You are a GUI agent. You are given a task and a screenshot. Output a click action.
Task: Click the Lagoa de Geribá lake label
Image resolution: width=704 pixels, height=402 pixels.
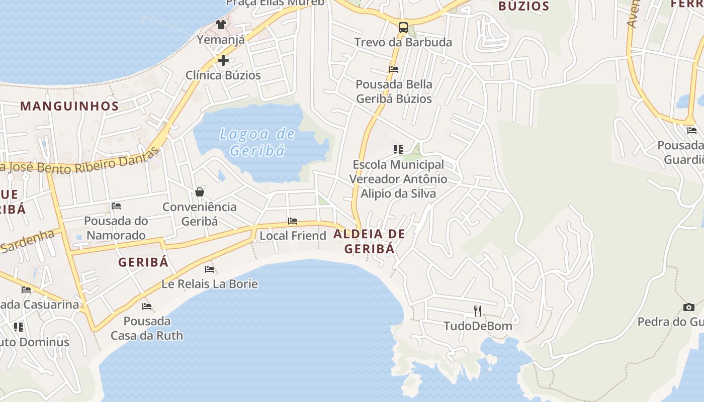pyautogui.click(x=257, y=142)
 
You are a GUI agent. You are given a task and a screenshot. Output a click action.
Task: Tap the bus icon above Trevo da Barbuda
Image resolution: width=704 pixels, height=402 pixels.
pyautogui.click(x=403, y=28)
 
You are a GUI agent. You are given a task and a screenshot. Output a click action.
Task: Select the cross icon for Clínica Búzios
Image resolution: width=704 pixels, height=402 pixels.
pyautogui.click(x=223, y=60)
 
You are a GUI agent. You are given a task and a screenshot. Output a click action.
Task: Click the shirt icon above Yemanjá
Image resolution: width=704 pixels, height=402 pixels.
pyautogui.click(x=220, y=24)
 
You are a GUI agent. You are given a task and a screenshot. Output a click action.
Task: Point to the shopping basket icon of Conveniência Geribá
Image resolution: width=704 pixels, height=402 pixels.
pyautogui.click(x=200, y=192)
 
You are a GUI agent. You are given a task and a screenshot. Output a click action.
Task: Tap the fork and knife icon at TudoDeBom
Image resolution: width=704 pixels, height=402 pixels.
pyautogui.click(x=477, y=311)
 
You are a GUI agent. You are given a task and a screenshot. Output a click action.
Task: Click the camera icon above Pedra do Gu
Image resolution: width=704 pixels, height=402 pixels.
pyautogui.click(x=688, y=307)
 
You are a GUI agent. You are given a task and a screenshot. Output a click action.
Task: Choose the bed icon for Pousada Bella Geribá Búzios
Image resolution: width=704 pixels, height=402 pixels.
pyautogui.click(x=394, y=69)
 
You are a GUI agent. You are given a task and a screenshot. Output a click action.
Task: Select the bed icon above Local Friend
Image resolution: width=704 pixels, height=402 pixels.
pyautogui.click(x=292, y=221)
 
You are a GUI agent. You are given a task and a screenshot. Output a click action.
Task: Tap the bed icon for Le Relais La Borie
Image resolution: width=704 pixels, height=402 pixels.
pyautogui.click(x=210, y=269)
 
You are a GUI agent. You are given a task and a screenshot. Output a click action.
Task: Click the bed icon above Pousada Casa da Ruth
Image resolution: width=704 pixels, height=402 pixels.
pyautogui.click(x=146, y=306)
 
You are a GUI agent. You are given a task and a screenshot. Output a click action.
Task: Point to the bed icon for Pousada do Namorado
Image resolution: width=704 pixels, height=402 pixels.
pyautogui.click(x=116, y=206)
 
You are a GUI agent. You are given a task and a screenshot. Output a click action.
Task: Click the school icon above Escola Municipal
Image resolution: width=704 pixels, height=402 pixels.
pyautogui.click(x=398, y=150)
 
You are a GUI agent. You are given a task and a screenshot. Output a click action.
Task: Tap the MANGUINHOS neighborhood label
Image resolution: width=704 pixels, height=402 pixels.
pyautogui.click(x=70, y=106)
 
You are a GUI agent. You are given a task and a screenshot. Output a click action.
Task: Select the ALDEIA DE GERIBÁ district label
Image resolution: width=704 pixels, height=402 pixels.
pyautogui.click(x=369, y=241)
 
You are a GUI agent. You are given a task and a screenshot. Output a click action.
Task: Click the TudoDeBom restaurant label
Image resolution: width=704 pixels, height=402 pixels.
pyautogui.click(x=478, y=326)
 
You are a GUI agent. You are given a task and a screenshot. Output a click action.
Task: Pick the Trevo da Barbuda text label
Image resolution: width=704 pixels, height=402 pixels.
pyautogui.click(x=403, y=42)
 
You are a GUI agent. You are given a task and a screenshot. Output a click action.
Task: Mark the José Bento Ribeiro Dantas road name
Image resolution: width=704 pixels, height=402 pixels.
pyautogui.click(x=80, y=164)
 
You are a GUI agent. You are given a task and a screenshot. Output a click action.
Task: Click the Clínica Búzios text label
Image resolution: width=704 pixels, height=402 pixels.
pyautogui.click(x=223, y=75)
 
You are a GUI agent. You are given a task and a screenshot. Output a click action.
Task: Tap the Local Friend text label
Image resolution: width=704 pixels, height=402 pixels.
pyautogui.click(x=293, y=236)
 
